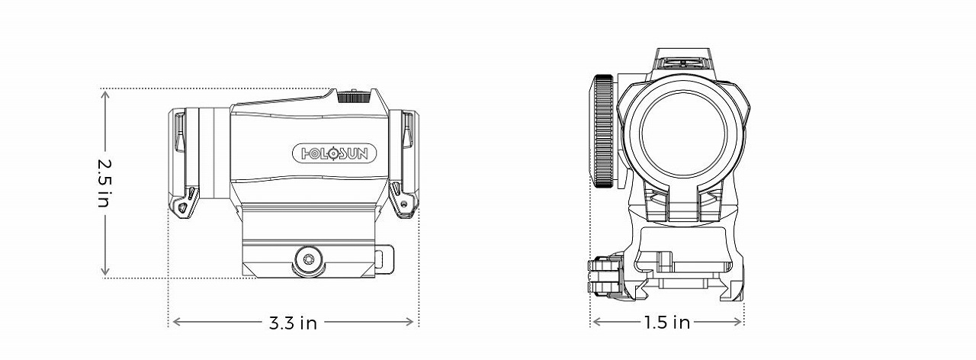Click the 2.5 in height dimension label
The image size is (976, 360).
click(105, 184)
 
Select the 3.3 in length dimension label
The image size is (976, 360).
click(293, 323)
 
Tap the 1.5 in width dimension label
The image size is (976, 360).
click(666, 323)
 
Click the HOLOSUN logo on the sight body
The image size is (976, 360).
click(335, 153)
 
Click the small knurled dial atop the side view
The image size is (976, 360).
click(352, 95)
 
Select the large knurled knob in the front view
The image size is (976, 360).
click(603, 131)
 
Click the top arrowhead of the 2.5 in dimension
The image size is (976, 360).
click(105, 92)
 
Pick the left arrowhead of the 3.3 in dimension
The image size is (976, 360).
click(173, 323)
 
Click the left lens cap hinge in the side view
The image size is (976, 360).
click(184, 203)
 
